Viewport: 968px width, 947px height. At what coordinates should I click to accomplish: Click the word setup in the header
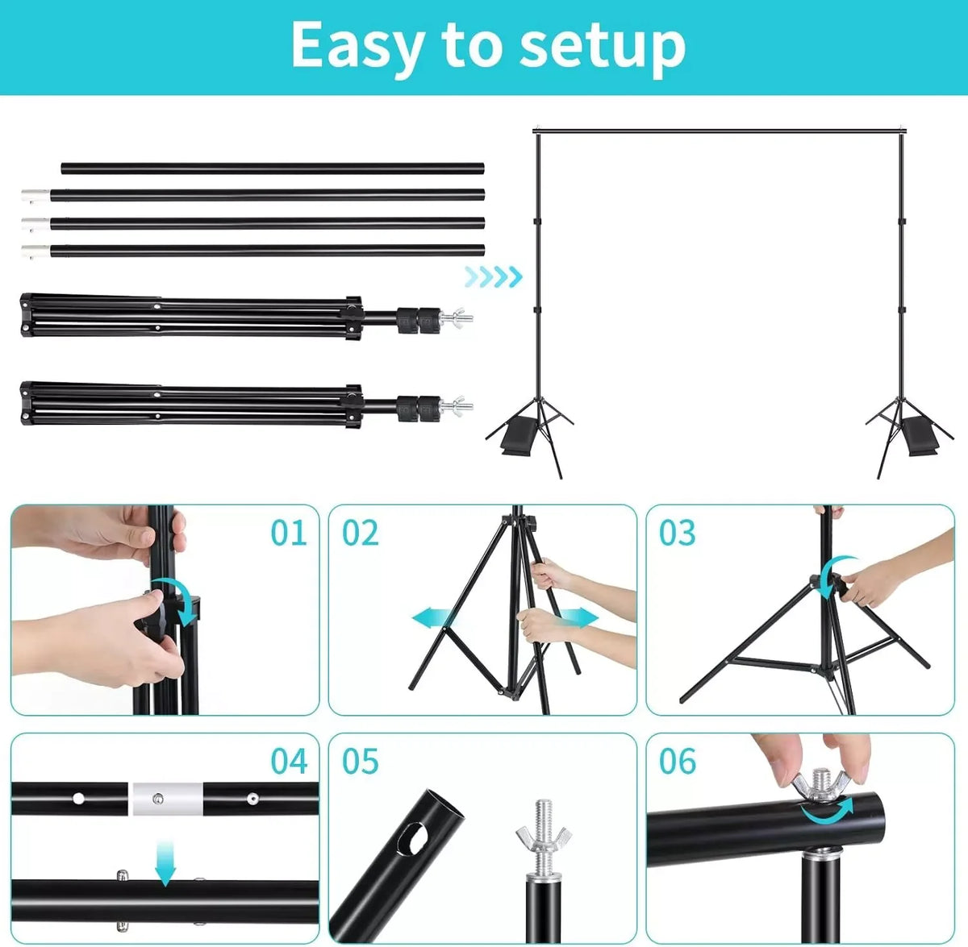click(x=602, y=48)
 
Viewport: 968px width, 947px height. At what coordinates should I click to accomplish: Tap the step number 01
click(x=288, y=533)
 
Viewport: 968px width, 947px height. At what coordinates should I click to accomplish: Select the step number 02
click(x=360, y=533)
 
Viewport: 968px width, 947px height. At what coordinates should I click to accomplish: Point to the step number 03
click(x=677, y=533)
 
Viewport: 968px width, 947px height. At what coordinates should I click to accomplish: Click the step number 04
click(x=289, y=761)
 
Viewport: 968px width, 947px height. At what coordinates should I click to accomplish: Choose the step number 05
click(x=360, y=761)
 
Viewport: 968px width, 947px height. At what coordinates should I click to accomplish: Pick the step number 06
click(x=677, y=761)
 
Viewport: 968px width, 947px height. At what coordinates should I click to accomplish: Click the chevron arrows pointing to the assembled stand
click(x=494, y=276)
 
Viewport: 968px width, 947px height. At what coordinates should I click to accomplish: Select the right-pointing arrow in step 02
click(x=578, y=617)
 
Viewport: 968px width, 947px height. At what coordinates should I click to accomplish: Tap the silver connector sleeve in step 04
click(x=168, y=799)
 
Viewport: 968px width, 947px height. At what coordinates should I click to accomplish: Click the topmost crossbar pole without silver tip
click(x=273, y=168)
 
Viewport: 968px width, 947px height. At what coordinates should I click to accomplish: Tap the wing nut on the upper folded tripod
click(x=458, y=318)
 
